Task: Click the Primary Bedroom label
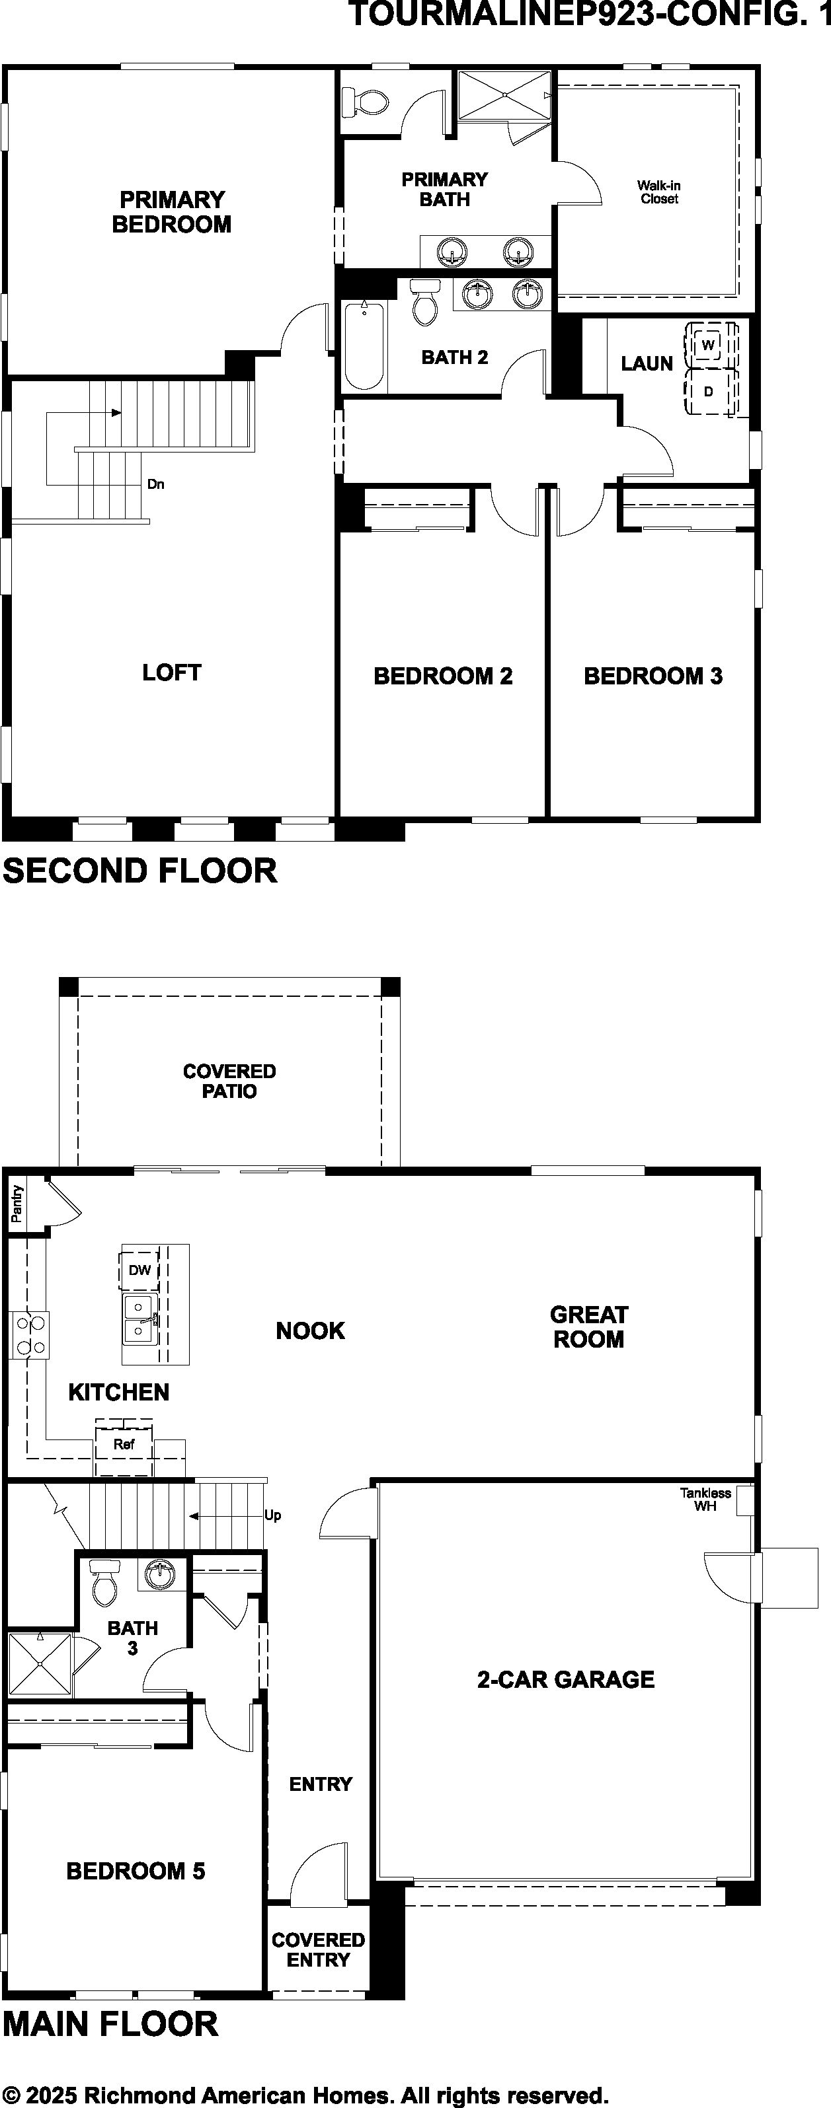[172, 212]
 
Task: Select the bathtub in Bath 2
[364, 345]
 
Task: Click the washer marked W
[708, 345]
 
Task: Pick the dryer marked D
[708, 391]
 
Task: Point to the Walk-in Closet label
[659, 192]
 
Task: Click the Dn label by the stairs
[155, 484]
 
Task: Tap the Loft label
[172, 672]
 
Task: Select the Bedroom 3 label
[653, 676]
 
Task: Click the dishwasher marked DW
[140, 1270]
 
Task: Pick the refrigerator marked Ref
[124, 1444]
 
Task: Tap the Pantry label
[17, 1204]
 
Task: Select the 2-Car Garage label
[566, 1680]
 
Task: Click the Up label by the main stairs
[272, 1515]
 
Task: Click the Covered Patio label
[229, 1081]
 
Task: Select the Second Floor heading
[140, 871]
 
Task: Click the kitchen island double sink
[141, 1319]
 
